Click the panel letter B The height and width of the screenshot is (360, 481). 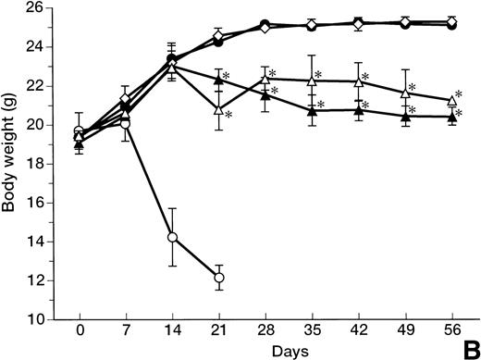470,348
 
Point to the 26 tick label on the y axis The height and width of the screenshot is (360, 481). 46,8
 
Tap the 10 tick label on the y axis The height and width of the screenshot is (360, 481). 46,319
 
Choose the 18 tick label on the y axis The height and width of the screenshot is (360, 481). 46,164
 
